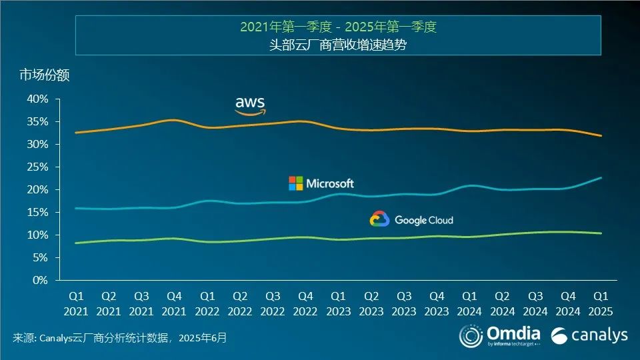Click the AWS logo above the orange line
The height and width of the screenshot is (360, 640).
pos(251,105)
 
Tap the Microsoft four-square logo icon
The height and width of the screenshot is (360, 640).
pos(295,183)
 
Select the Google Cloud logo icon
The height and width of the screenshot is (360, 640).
pos(379,219)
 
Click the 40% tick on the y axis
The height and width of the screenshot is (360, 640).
pos(37,99)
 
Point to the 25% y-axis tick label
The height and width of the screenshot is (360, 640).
pos(37,167)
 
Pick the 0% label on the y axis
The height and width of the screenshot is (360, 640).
pos(41,280)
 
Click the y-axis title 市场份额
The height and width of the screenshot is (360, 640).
pos(44,75)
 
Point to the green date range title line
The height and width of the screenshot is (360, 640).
pos(338,27)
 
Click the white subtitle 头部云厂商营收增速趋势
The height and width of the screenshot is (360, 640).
pos(338,45)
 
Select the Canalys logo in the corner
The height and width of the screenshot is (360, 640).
pos(589,335)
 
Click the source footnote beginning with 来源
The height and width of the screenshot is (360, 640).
pos(120,338)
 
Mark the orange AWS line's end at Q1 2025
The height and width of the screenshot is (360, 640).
pos(601,136)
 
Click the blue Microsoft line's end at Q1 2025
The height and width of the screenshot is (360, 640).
pos(601,178)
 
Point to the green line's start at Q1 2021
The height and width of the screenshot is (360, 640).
pos(75,243)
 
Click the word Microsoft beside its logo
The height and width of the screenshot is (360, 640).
pos(330,183)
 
